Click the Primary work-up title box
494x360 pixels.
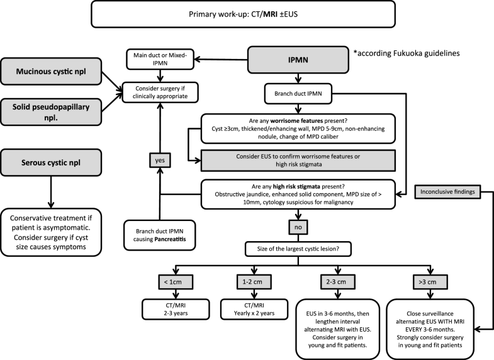(x=247, y=14)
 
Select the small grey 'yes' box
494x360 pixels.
(x=159, y=160)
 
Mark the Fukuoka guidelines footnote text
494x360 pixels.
(x=399, y=55)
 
